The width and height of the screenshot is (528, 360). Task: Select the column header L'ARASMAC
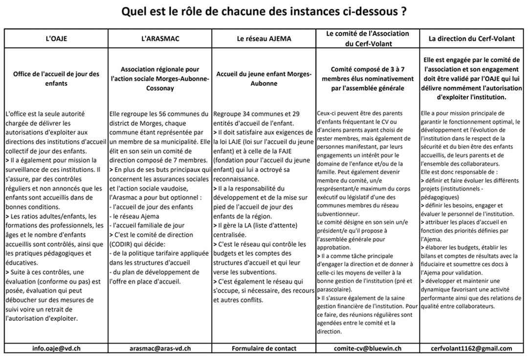tap(160, 38)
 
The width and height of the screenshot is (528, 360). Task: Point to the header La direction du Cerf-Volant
tap(472, 38)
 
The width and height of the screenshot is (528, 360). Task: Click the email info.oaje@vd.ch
tap(56, 348)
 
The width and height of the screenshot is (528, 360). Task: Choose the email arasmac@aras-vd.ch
tap(160, 348)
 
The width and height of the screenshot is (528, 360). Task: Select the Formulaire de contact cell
tap(264, 348)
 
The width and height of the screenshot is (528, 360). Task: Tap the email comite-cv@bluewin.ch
tap(368, 348)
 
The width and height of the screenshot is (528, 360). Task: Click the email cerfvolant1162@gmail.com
tap(472, 348)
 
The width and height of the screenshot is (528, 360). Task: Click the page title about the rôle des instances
tap(264, 11)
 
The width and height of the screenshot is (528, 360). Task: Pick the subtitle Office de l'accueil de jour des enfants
tap(56, 79)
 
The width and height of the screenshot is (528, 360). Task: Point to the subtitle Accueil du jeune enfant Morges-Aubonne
tap(264, 79)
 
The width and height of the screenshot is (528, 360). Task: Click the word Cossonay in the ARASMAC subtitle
tap(160, 89)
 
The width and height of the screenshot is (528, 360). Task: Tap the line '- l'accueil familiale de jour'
tap(147, 225)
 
